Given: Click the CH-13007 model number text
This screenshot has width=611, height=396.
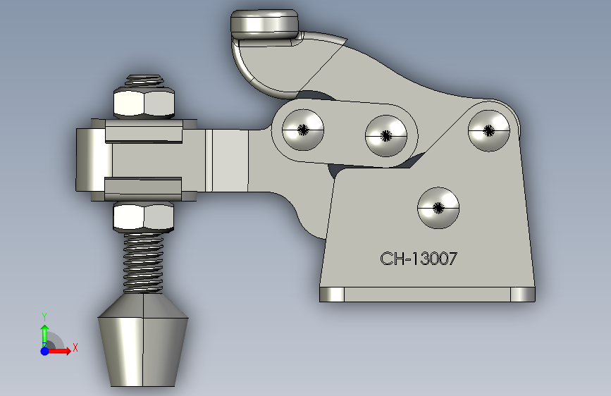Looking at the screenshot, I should tap(419, 259).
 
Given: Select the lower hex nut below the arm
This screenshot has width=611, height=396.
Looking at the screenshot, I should tap(144, 217).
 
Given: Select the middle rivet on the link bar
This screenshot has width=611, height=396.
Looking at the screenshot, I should tap(386, 135).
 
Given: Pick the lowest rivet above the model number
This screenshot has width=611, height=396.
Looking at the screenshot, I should tap(438, 207).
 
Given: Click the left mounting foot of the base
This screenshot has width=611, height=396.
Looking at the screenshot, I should tap(332, 294).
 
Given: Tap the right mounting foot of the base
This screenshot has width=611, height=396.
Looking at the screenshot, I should tap(522, 294).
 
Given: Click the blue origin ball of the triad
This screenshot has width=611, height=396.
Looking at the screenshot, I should tap(44, 350).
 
